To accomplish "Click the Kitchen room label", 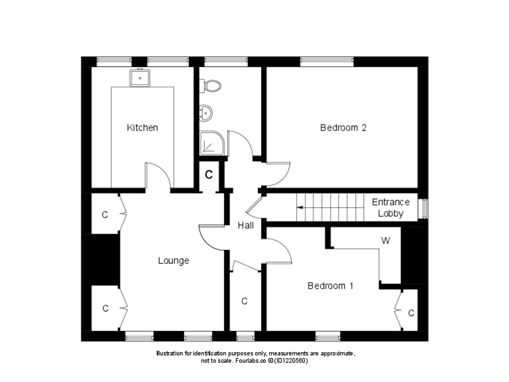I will pyautogui.click(x=142, y=127).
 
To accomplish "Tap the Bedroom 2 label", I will pyautogui.click(x=343, y=128).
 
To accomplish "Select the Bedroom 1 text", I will pyautogui.click(x=330, y=286).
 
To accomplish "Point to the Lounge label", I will pyautogui.click(x=173, y=261).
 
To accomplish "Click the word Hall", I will pyautogui.click(x=246, y=226).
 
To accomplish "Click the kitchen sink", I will pyautogui.click(x=141, y=78).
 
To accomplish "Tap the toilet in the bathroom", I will pyautogui.click(x=211, y=85).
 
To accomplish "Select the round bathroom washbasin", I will pyautogui.click(x=205, y=113).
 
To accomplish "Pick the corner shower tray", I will pyautogui.click(x=211, y=142).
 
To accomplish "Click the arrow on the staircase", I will pyautogui.click(x=300, y=208).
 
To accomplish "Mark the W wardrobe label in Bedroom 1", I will pyautogui.click(x=385, y=241).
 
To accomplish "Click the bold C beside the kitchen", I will pyautogui.click(x=209, y=175).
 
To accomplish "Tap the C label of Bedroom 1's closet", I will pyautogui.click(x=411, y=312).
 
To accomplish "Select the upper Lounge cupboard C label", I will pyautogui.click(x=105, y=215).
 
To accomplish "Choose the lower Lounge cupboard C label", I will pyautogui.click(x=105, y=308).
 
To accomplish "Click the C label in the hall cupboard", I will pyautogui.click(x=245, y=301).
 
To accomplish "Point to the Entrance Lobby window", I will pyautogui.click(x=425, y=208).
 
